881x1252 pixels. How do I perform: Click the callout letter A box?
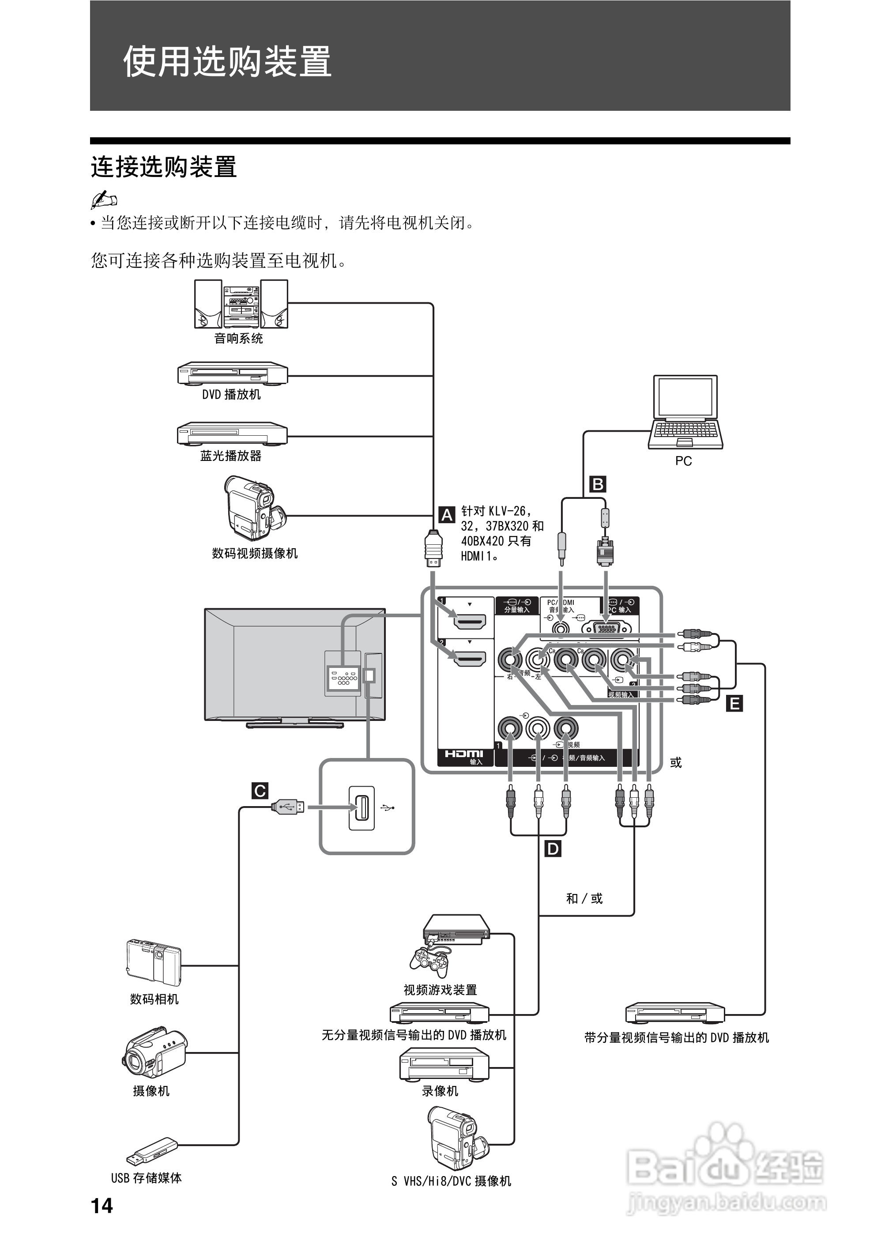click(x=447, y=514)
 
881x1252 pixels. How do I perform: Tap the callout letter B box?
click(x=598, y=484)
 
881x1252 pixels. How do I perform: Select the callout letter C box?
click(x=260, y=791)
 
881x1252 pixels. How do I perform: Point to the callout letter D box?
click(x=553, y=848)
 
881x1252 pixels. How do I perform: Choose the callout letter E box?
click(x=734, y=704)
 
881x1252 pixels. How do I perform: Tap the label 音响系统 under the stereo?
click(x=238, y=339)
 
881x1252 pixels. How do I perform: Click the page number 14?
click(x=102, y=1206)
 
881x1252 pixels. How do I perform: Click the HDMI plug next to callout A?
click(x=433, y=550)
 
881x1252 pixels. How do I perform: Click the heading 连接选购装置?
click(x=164, y=167)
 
